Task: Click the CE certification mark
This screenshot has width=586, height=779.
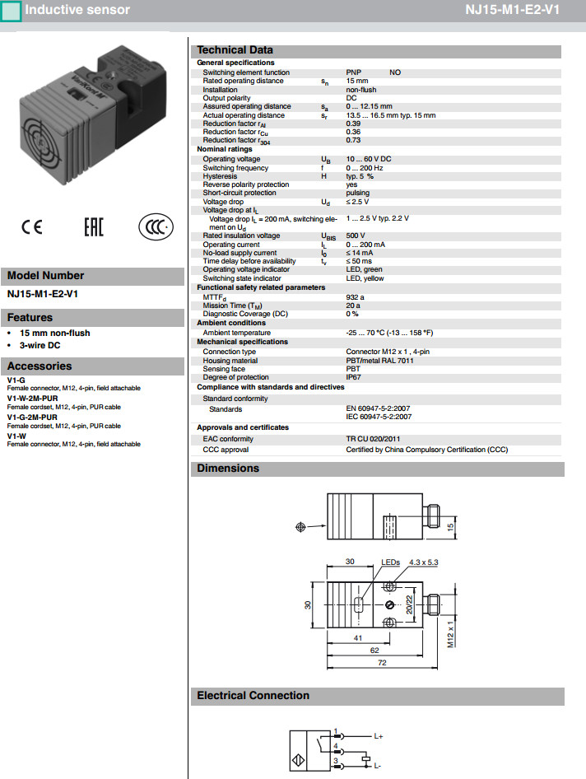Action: tap(31, 228)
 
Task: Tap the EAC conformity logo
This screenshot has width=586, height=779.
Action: tap(94, 227)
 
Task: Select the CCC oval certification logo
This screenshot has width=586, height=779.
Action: tap(155, 227)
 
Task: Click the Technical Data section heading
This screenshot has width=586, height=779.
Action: tap(235, 50)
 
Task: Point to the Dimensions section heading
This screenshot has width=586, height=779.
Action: tap(228, 469)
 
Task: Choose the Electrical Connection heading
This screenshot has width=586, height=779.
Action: tap(253, 696)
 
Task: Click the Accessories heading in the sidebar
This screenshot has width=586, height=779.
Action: tap(40, 366)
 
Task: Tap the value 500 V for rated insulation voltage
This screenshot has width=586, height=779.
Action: tap(356, 236)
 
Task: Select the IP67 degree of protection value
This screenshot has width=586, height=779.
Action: tap(354, 377)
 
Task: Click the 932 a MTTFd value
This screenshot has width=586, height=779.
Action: tap(356, 296)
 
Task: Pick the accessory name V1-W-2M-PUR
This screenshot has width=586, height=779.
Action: tap(32, 398)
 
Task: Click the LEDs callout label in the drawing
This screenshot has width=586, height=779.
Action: tap(389, 562)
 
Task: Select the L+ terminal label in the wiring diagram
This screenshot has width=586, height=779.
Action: tap(379, 735)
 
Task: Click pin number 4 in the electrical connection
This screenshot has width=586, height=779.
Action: tap(336, 746)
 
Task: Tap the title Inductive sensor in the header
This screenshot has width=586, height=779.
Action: tap(77, 10)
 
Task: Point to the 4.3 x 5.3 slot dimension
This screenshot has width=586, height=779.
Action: tap(425, 562)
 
